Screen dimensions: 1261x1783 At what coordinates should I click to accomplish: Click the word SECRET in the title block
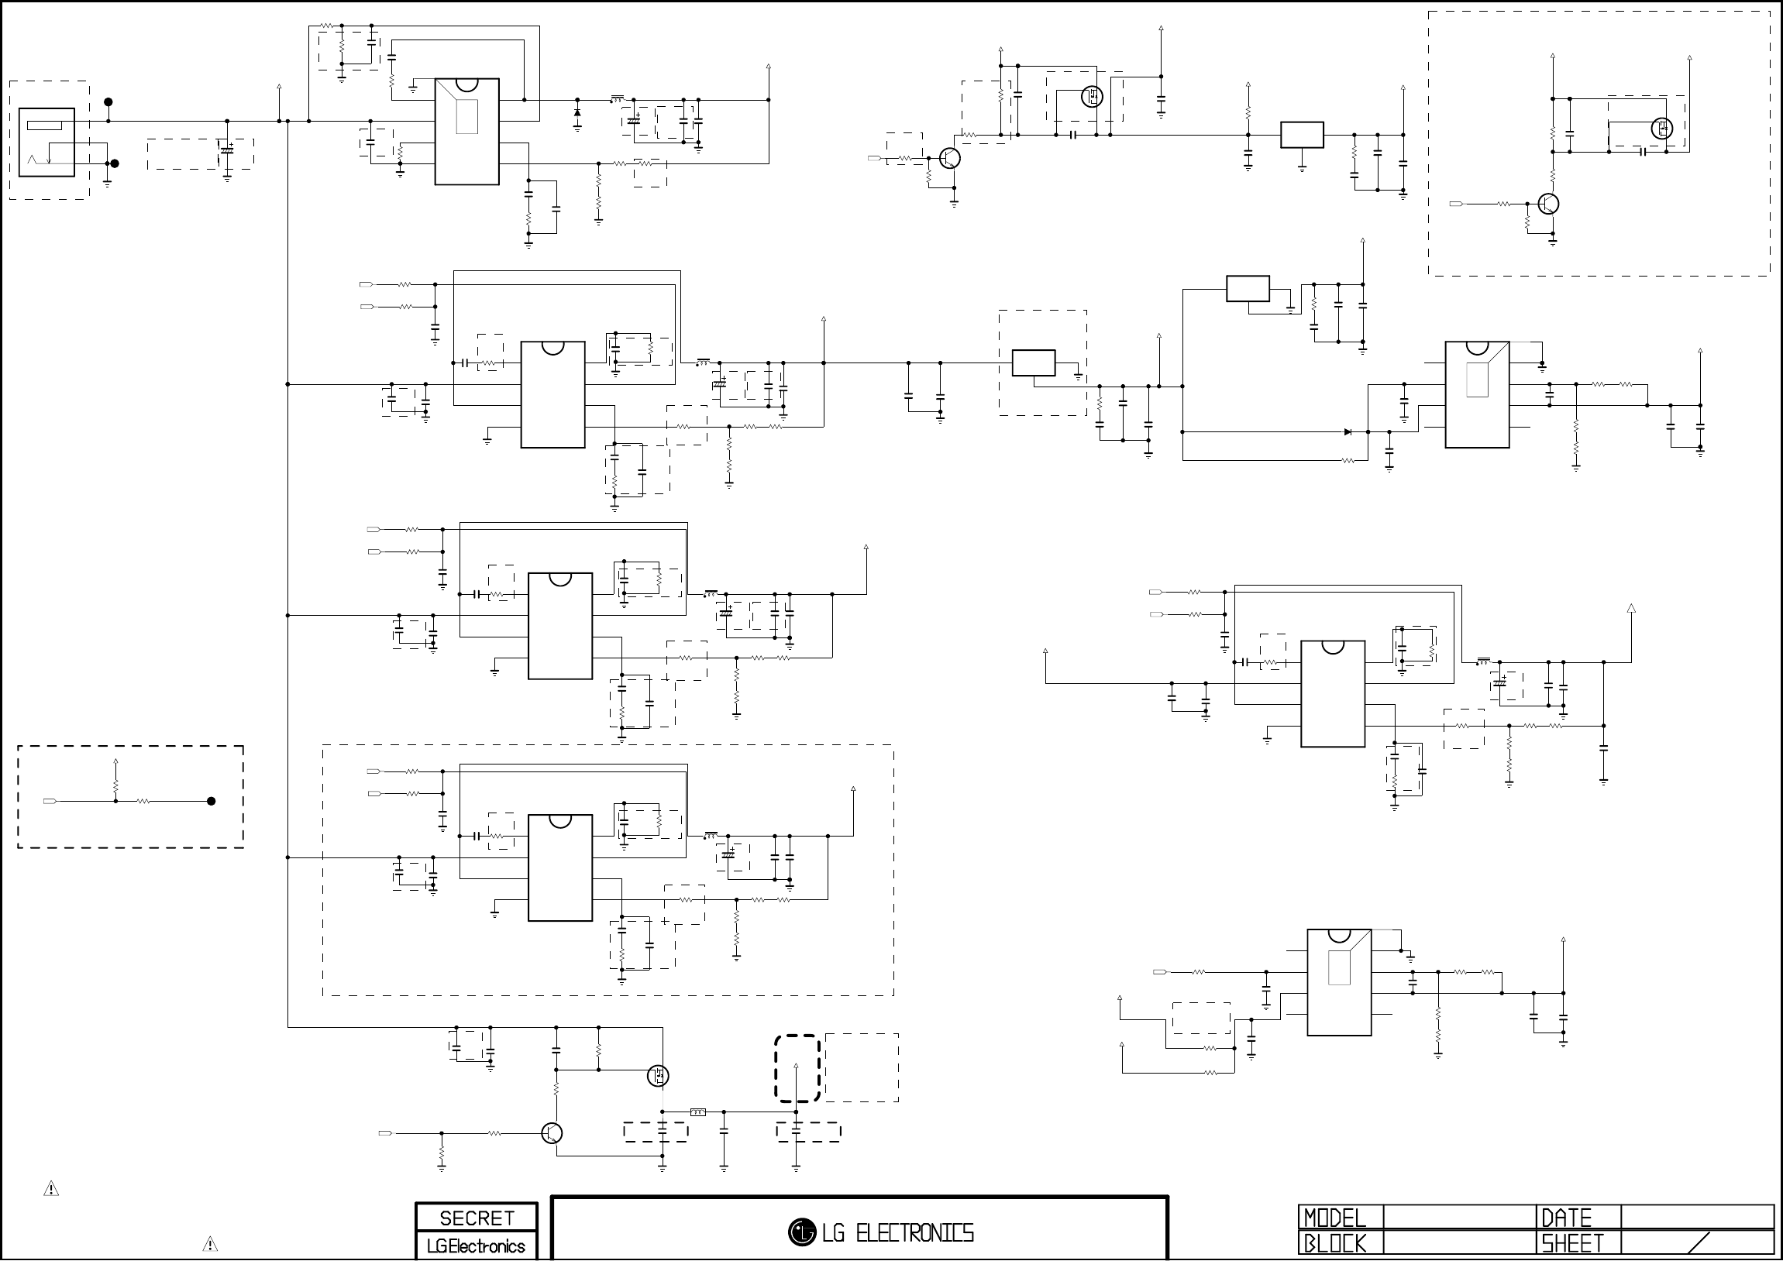477,1218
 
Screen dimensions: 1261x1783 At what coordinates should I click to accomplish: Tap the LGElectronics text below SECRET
476,1246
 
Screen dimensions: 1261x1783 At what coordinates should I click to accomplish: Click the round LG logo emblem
801,1232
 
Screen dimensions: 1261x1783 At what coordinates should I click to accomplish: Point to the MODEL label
1334,1218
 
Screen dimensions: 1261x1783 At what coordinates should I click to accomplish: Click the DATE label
1566,1218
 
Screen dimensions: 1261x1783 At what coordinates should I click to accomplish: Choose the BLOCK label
1334,1244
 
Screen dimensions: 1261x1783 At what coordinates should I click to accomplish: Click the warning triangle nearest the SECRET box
210,1244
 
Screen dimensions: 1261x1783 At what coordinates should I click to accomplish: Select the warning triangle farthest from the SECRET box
51,1189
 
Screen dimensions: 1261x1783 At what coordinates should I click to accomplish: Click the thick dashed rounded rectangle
797,1068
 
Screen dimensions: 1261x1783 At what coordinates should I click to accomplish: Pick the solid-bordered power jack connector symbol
46,142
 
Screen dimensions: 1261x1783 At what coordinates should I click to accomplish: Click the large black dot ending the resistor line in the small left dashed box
211,802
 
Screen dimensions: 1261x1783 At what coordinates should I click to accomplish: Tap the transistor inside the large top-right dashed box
1548,204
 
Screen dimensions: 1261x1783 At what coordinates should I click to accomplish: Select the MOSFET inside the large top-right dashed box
1661,128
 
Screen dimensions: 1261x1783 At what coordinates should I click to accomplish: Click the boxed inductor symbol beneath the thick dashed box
698,1113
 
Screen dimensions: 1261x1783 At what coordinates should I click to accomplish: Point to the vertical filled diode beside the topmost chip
577,112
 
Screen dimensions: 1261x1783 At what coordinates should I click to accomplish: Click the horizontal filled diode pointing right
1348,431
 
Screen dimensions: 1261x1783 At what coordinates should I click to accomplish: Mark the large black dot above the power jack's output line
108,101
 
